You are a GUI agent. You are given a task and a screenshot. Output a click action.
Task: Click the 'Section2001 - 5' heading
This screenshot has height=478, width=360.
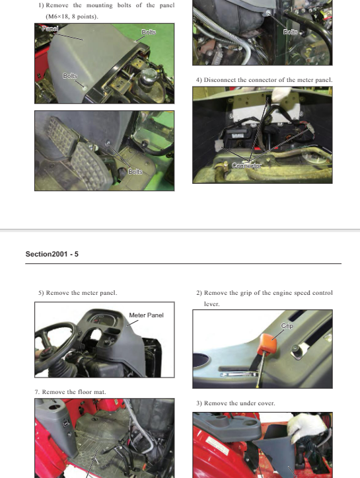click(x=52, y=254)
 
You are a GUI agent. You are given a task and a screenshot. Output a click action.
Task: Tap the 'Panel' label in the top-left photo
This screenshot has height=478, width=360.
click(x=50, y=29)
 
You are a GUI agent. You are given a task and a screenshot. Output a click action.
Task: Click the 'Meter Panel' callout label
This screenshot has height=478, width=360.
click(x=146, y=315)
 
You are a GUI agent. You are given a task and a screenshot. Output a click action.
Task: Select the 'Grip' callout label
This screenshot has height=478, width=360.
click(x=287, y=326)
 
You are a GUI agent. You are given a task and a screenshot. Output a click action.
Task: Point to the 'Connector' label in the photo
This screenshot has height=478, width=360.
click(x=247, y=166)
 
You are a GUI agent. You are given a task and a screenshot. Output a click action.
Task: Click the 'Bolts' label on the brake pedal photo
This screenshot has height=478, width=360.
click(x=135, y=172)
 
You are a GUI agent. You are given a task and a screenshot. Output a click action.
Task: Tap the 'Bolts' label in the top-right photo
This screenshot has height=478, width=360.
click(x=291, y=32)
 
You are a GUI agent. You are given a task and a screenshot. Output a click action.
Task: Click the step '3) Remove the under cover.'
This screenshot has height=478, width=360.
click(x=235, y=403)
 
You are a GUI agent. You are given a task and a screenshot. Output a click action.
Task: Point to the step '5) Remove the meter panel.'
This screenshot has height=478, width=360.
click(x=78, y=292)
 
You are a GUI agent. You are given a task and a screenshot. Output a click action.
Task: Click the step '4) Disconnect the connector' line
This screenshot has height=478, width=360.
click(x=264, y=80)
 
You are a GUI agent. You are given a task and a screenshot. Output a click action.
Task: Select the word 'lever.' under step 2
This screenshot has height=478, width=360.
click(x=211, y=304)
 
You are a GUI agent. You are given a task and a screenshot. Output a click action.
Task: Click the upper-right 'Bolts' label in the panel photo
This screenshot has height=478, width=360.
click(x=148, y=32)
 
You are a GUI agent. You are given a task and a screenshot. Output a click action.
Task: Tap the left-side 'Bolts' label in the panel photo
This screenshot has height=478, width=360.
click(x=70, y=76)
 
